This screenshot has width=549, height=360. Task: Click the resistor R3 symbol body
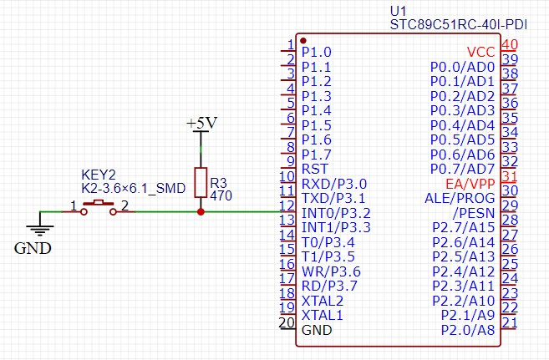[x=201, y=182]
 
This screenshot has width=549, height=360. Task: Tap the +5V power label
[x=201, y=124]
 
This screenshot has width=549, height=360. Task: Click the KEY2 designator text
[x=98, y=175]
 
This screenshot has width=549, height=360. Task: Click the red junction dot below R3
[x=201, y=212]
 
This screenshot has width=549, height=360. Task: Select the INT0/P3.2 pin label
[x=336, y=212]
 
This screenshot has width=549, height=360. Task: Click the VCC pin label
[x=480, y=52]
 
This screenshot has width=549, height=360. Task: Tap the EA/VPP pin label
[x=470, y=183]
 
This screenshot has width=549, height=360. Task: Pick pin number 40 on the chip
[x=509, y=45]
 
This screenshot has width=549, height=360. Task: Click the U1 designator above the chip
[x=398, y=10]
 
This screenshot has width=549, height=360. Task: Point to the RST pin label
[x=314, y=169]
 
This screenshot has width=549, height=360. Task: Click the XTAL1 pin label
[x=323, y=315]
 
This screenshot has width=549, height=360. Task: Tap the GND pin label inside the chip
[x=317, y=330]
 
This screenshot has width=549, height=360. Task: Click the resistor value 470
[x=221, y=195]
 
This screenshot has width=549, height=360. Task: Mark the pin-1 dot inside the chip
[x=302, y=39]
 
